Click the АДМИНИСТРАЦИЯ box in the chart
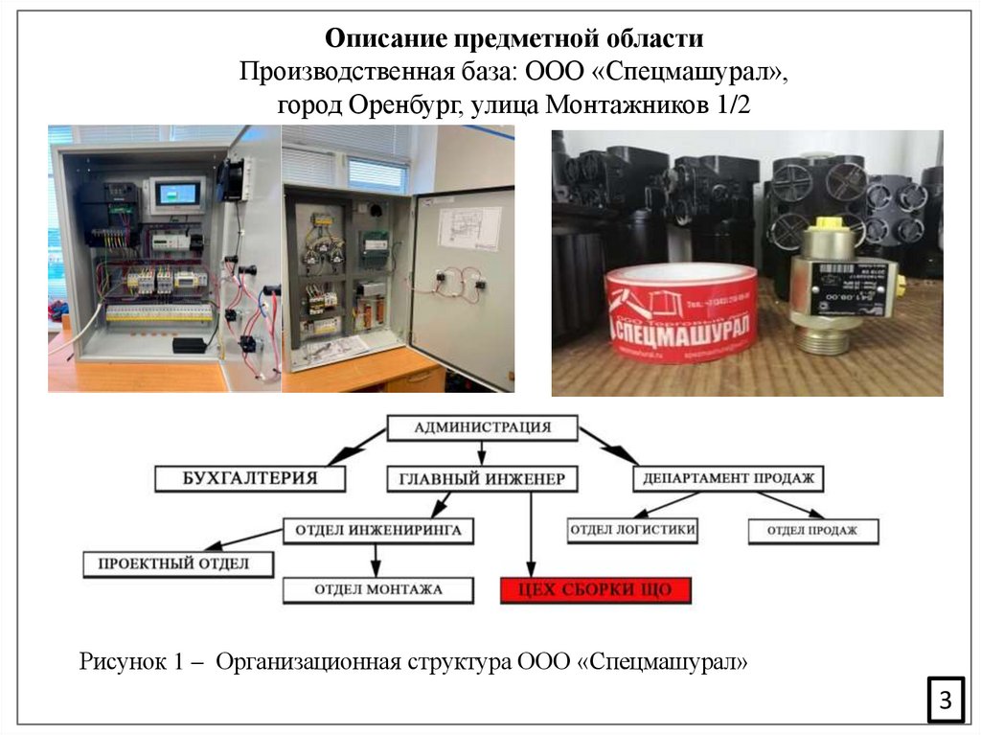[x=482, y=427]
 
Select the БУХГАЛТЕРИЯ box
[x=249, y=477]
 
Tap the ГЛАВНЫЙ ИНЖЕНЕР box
[x=482, y=478]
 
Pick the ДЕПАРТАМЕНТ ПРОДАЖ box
[x=728, y=477]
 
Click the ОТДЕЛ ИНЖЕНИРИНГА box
[x=377, y=530]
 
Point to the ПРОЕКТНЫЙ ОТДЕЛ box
[x=179, y=563]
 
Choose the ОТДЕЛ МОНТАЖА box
[x=377, y=589]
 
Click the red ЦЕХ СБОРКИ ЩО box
[x=595, y=590]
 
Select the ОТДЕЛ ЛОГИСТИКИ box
[x=632, y=529]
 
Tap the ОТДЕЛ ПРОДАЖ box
[x=811, y=530]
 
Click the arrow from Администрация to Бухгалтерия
[x=354, y=443]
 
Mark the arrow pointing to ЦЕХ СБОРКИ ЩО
[x=529, y=537]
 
